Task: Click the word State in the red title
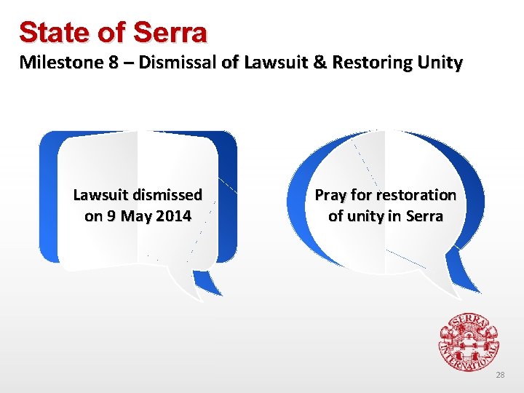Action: pos(47,32)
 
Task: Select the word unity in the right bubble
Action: pos(369,216)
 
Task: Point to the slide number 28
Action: pos(499,375)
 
